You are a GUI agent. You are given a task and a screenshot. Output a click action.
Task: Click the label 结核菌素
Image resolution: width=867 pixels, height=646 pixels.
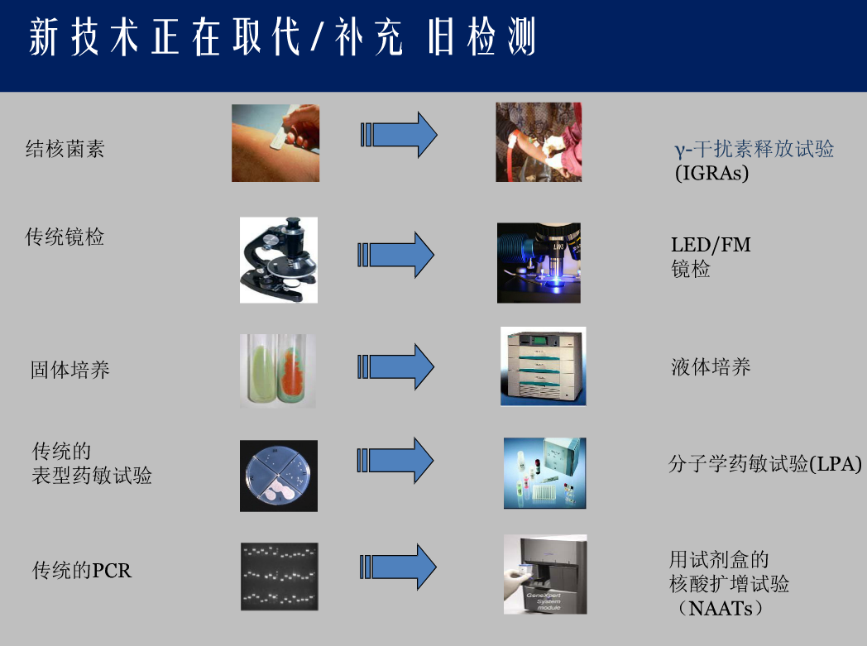click(65, 149)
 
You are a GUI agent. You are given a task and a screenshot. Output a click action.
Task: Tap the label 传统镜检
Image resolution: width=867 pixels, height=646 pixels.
click(65, 237)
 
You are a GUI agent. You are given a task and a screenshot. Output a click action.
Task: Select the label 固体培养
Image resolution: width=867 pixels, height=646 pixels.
click(70, 370)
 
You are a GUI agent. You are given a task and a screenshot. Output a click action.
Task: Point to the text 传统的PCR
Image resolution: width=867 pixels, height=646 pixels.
click(82, 570)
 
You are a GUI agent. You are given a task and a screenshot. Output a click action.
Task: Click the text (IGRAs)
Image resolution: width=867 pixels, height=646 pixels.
click(711, 173)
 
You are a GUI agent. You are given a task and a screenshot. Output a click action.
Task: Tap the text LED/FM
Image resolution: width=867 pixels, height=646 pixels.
click(711, 244)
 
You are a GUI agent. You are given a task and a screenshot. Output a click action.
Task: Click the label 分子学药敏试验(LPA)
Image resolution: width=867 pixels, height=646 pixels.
click(765, 464)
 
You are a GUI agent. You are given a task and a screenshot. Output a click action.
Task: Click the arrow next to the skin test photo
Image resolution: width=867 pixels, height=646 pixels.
click(400, 135)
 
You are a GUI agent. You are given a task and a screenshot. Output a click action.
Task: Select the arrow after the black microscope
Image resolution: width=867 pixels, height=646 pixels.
click(396, 255)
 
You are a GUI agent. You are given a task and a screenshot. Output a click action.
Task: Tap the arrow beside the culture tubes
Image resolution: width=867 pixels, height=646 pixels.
click(396, 366)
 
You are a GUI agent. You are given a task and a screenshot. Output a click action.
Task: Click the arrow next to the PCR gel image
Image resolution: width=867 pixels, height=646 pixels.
click(398, 567)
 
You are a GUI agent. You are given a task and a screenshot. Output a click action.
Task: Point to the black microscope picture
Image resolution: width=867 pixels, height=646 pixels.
click(279, 260)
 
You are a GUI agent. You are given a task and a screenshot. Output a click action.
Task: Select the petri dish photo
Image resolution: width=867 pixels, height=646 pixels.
click(279, 476)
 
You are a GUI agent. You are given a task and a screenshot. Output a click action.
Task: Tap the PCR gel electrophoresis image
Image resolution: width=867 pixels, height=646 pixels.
click(280, 577)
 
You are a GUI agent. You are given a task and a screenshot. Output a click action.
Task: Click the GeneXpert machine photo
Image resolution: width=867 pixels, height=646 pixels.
click(545, 574)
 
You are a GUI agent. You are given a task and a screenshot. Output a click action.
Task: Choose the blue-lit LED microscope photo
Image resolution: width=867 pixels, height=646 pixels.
click(539, 263)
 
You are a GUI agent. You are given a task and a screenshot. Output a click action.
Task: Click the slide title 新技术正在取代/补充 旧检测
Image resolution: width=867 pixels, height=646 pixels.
click(282, 36)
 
